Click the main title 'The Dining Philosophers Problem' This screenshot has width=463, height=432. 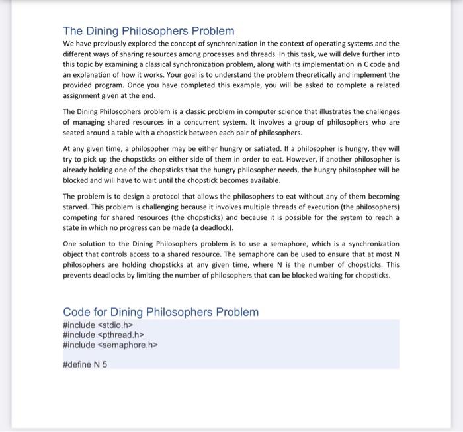[148, 31]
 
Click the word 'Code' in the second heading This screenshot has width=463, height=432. [77, 312]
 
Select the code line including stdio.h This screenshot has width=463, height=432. [93, 325]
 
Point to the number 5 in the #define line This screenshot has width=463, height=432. [105, 364]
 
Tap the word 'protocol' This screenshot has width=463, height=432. [173, 197]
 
